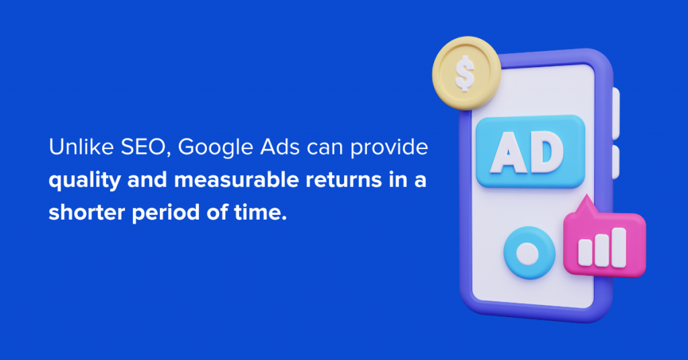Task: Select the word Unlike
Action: pos(81,146)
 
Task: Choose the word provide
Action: pos(389,148)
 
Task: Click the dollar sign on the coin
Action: pos(465,74)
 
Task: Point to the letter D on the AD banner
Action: pos(546,152)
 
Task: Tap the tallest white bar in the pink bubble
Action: pos(619,248)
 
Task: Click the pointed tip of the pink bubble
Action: pos(586,195)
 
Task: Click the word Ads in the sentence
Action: pos(280,147)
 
